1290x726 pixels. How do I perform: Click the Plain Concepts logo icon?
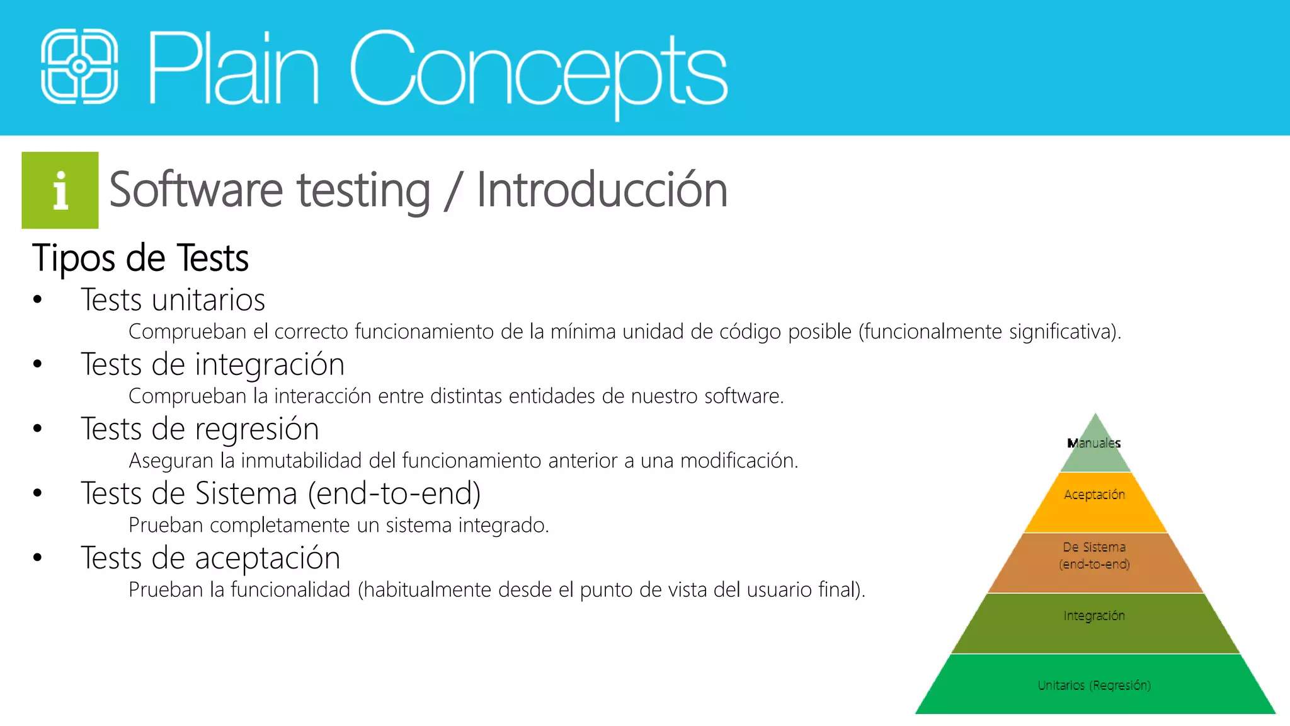point(79,66)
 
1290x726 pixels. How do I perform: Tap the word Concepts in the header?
point(539,69)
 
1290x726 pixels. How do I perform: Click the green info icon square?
point(60,190)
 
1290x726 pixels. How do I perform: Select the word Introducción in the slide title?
point(602,190)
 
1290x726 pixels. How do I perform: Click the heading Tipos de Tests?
point(140,258)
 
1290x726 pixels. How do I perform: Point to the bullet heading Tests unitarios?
point(173,300)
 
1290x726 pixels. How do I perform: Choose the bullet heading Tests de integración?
point(212,364)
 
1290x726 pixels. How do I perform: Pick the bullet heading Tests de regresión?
point(200,429)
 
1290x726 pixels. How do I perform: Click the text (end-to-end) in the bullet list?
point(394,493)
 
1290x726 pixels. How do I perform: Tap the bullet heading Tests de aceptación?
point(210,558)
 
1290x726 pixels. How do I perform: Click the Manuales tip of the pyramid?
point(1095,444)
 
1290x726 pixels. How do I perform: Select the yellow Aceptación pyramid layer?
point(1095,502)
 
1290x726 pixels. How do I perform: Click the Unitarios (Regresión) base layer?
point(1095,685)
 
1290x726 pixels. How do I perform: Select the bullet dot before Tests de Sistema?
point(38,493)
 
